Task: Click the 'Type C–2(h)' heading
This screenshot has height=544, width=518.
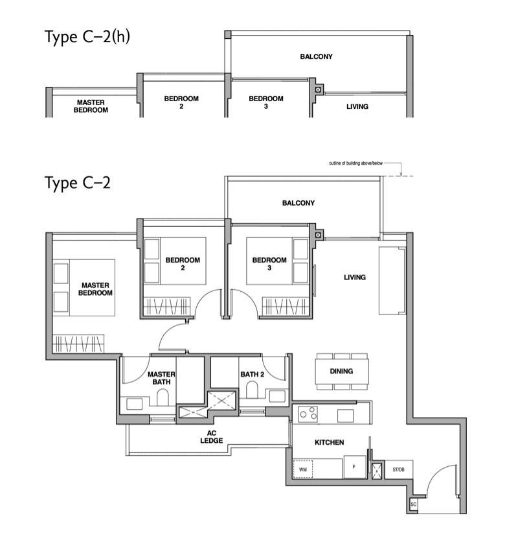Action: [x=87, y=37]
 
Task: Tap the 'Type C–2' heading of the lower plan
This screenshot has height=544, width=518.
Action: [x=78, y=183]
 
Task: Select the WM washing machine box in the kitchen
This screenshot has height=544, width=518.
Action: [x=303, y=469]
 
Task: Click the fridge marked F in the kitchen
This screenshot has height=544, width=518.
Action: [x=354, y=467]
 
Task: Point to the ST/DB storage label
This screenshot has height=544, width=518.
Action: [x=398, y=469]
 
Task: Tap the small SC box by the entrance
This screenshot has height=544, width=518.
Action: [x=413, y=504]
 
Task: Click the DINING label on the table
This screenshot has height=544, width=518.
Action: [x=341, y=372]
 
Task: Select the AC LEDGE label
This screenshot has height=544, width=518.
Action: [x=211, y=437]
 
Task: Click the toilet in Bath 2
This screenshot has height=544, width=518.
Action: [x=252, y=390]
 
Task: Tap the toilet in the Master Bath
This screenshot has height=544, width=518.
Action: [x=163, y=397]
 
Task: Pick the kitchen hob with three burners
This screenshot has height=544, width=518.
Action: [x=308, y=414]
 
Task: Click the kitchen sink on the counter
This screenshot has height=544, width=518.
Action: [x=346, y=415]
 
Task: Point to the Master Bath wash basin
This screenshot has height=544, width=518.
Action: [x=135, y=404]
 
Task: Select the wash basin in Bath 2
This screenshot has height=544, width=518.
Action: [x=277, y=396]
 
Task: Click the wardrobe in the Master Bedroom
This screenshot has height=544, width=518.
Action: [x=78, y=344]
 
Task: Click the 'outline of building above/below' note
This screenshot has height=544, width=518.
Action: [x=356, y=163]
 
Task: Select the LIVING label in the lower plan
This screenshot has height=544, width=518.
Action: [x=355, y=278]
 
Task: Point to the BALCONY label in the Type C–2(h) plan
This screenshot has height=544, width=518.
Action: [x=316, y=56]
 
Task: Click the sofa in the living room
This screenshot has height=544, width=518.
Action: [x=392, y=281]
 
